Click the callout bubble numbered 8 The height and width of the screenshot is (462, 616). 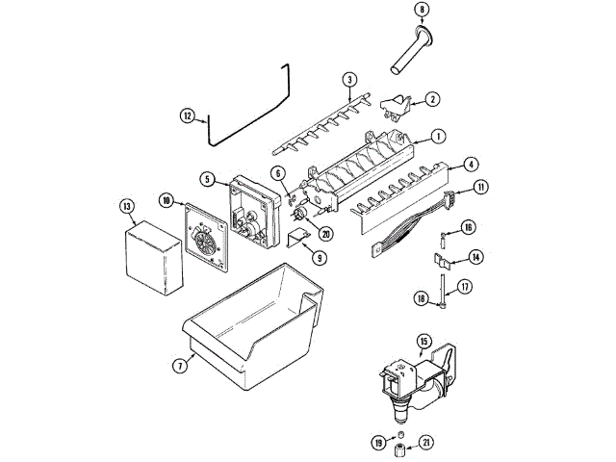coord(422,10)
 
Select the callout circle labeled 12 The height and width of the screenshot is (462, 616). coord(188,115)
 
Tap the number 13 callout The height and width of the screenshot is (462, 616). coord(126,205)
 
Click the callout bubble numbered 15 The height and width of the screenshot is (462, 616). coord(423,341)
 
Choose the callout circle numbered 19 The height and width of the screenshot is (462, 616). coord(379,443)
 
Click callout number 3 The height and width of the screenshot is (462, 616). coord(349,79)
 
